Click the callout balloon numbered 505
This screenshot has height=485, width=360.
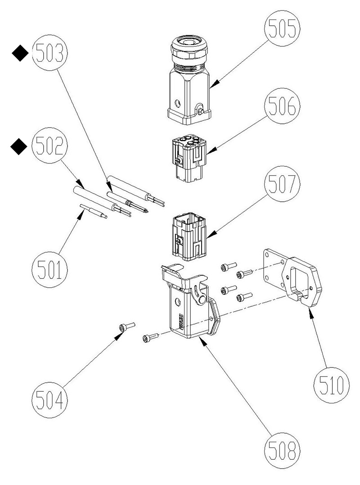282,28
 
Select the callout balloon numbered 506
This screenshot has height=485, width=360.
282,106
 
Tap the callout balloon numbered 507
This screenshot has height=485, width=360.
282,184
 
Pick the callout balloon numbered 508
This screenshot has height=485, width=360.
282,450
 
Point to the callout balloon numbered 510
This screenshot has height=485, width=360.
332,385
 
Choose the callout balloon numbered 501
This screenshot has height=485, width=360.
49,270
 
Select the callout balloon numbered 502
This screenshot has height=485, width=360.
49,145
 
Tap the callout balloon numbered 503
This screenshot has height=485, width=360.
49,53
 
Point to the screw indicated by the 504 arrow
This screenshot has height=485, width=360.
127,326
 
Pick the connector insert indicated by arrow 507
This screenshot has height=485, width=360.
189,236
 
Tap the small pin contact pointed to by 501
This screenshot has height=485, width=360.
94,211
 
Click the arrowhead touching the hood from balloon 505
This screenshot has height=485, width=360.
215,82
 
